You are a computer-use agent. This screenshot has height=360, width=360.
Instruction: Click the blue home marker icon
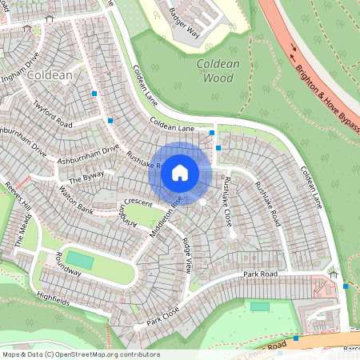coord(180,173)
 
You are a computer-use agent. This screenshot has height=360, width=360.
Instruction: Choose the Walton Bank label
coord(77,199)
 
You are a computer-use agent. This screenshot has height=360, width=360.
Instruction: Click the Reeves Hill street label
coord(18,197)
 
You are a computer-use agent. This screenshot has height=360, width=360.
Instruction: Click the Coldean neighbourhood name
coord(50,74)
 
